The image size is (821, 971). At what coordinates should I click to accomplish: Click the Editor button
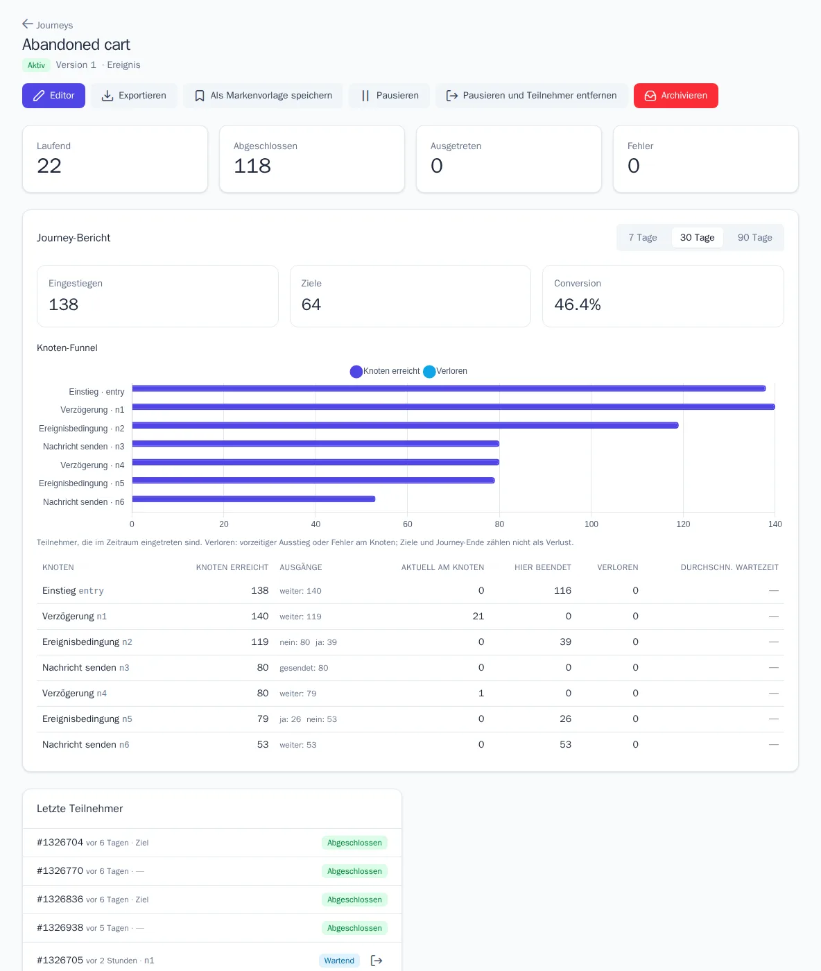pos(53,95)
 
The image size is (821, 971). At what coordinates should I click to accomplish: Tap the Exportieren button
pos(134,95)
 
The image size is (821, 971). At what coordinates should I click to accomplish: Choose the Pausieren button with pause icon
pos(390,95)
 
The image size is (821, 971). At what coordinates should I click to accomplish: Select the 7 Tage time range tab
pos(643,237)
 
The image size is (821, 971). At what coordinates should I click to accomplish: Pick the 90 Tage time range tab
pos(754,237)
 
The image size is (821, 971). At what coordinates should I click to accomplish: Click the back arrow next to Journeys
pos(28,24)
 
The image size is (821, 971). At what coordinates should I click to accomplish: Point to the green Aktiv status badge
pos(36,65)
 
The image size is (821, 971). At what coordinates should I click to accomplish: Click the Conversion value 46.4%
pos(577,304)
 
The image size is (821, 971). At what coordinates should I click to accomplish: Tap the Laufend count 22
pos(49,165)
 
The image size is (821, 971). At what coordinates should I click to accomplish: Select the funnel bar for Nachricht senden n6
pos(254,499)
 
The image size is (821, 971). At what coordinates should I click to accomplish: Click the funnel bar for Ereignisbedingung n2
pos(406,425)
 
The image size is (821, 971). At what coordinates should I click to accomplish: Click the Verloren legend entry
pos(445,371)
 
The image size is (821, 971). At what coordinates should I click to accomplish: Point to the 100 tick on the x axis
pos(591,524)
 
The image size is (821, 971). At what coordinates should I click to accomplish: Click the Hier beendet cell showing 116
pos(562,590)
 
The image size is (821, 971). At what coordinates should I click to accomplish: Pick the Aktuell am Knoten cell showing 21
pos(478,616)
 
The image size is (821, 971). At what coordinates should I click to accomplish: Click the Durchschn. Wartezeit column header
pos(729,567)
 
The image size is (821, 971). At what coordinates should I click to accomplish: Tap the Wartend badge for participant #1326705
pos(339,960)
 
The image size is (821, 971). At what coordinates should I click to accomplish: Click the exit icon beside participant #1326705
pos(377,960)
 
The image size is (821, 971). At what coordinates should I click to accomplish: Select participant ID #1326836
pos(60,899)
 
